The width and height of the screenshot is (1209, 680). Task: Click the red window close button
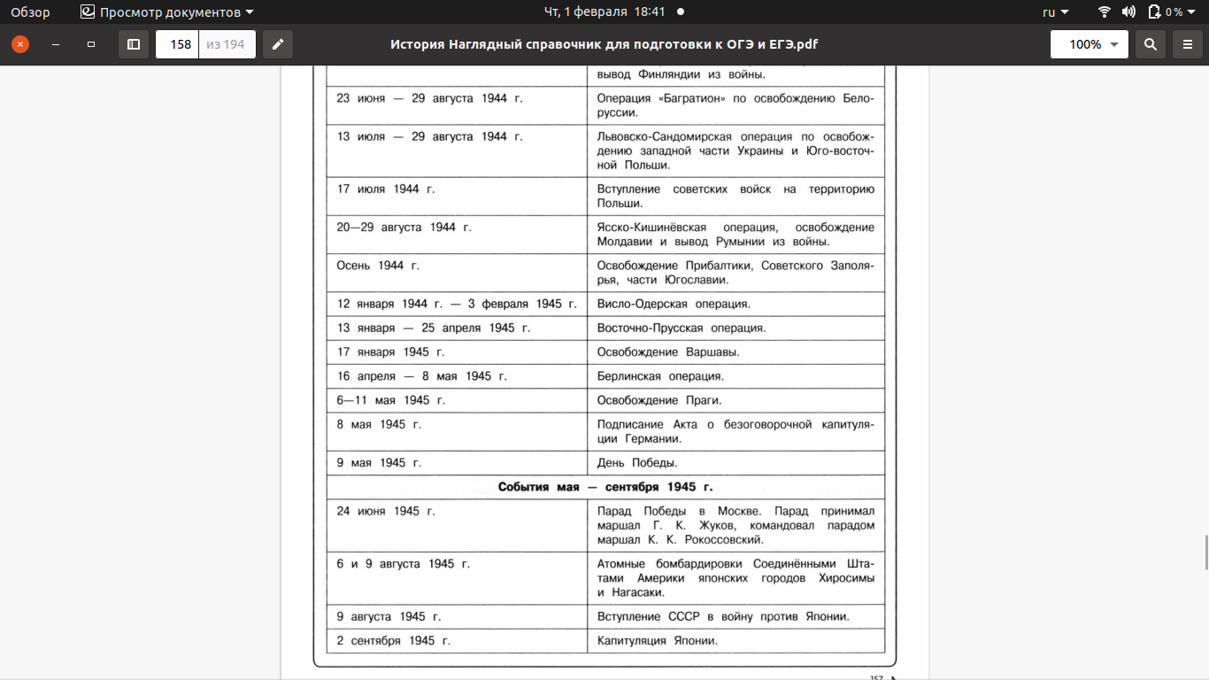pos(19,44)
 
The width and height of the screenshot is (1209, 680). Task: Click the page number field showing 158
pos(178,44)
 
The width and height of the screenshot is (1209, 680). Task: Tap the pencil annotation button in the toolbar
pos(278,44)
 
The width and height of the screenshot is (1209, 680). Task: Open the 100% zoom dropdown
pos(1090,44)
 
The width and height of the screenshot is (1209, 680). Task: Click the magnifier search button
pos(1150,44)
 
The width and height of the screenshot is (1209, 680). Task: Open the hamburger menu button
pos(1188,44)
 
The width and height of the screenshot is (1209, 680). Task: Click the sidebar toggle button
pos(134,44)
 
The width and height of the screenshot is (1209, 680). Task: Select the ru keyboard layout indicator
pos(1055,12)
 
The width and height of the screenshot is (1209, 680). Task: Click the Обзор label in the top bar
pos(30,12)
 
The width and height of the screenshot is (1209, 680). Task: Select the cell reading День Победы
pos(637,463)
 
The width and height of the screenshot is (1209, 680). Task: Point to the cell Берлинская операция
pos(660,376)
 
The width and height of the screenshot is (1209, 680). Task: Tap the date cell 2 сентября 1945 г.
pos(393,641)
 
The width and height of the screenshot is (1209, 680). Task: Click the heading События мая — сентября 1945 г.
pos(605,487)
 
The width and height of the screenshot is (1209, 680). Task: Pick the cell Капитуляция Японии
pos(657,641)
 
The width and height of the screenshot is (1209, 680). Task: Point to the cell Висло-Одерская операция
pos(674,305)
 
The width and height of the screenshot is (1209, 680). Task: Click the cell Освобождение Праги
pos(659,400)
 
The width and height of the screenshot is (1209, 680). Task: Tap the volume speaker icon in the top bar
pos(1128,12)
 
